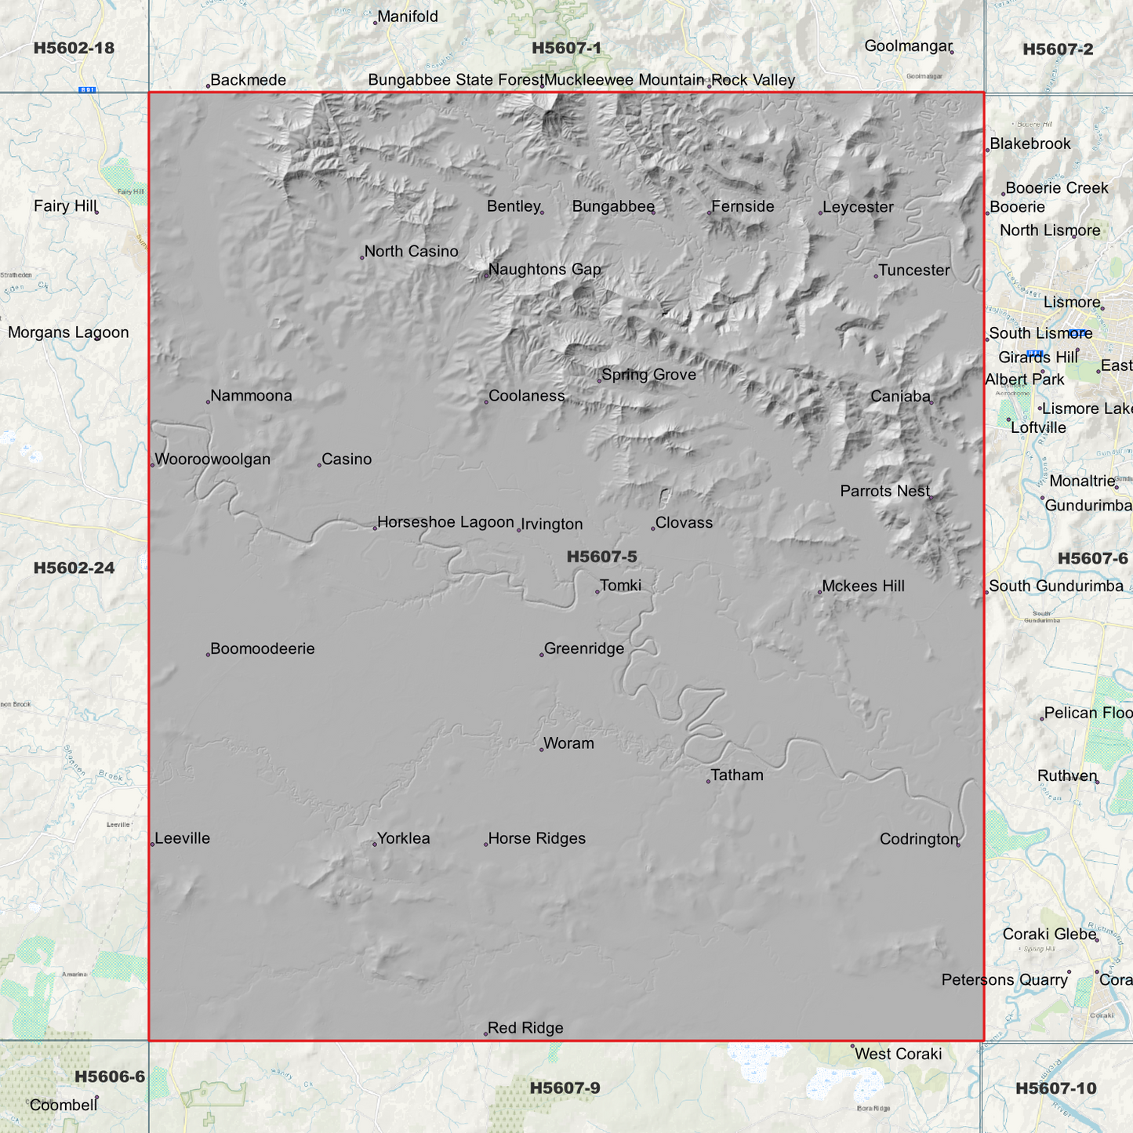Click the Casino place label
(347, 459)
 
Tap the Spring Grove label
(648, 375)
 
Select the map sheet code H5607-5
(601, 557)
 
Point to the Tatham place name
(736, 775)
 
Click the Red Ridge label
(525, 1028)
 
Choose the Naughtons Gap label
(544, 270)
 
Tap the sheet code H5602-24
(74, 568)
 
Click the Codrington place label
(918, 839)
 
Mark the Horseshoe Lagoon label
(445, 522)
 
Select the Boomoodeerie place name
(262, 649)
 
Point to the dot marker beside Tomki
(597, 591)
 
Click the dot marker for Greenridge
(542, 655)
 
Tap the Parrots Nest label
(884, 492)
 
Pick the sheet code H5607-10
(1055, 1088)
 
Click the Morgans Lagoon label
(68, 332)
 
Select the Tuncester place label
(913, 271)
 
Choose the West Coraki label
(898, 1054)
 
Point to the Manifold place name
(408, 16)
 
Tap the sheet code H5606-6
(110, 1077)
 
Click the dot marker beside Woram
(542, 750)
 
